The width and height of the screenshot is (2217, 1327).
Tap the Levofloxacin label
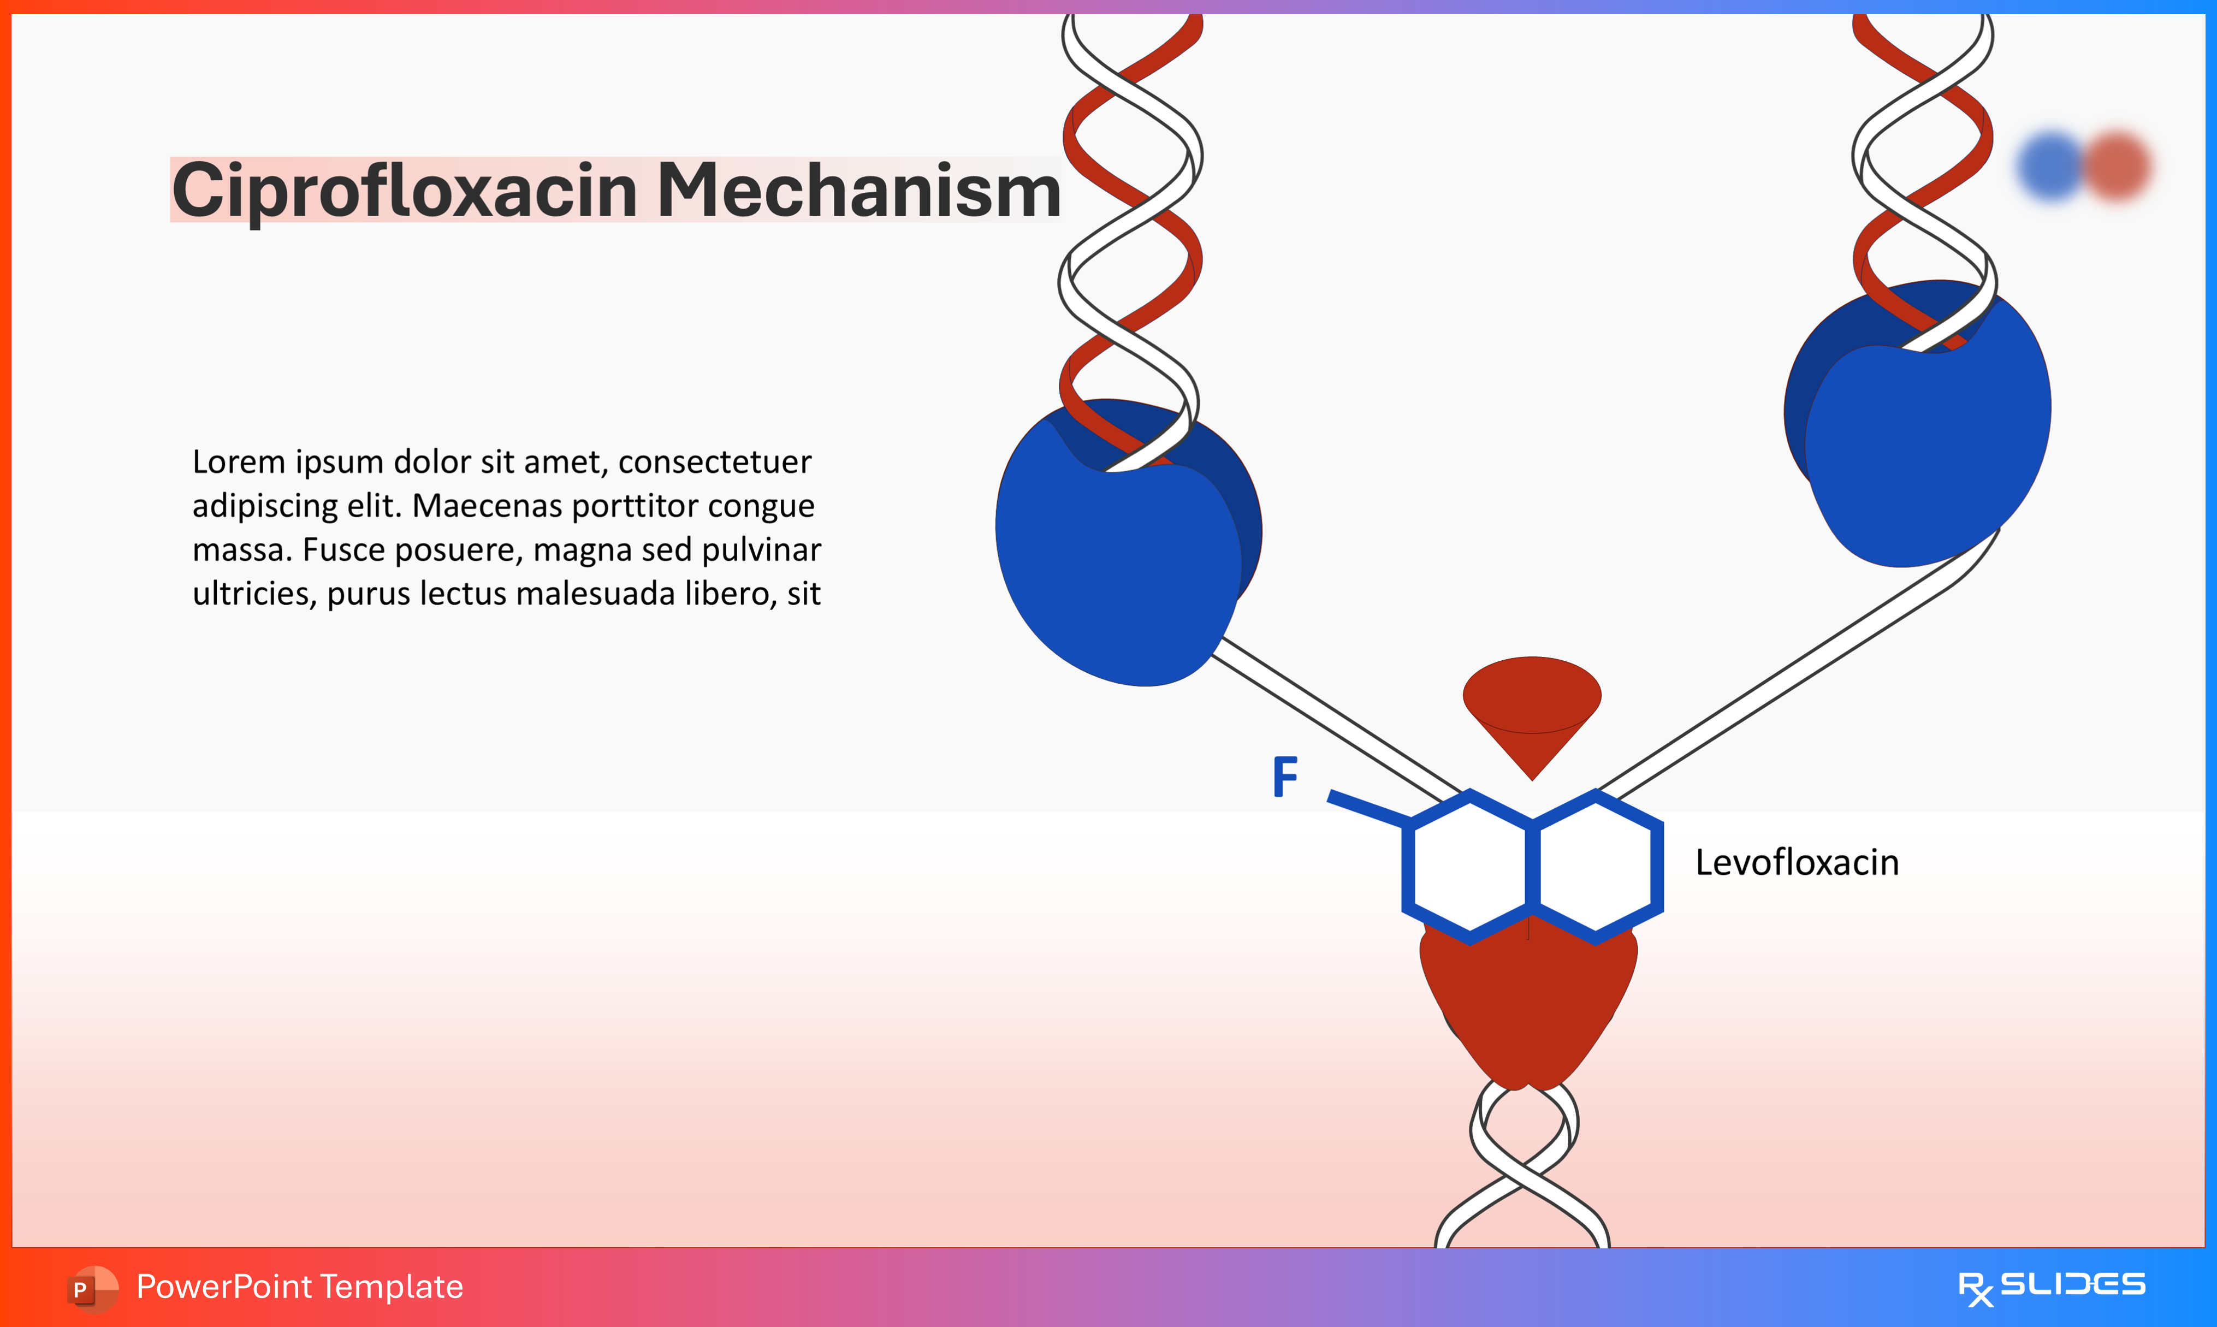pos(1797,863)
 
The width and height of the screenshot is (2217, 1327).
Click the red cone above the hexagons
pos(1531,707)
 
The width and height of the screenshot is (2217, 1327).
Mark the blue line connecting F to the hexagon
pos(1368,807)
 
